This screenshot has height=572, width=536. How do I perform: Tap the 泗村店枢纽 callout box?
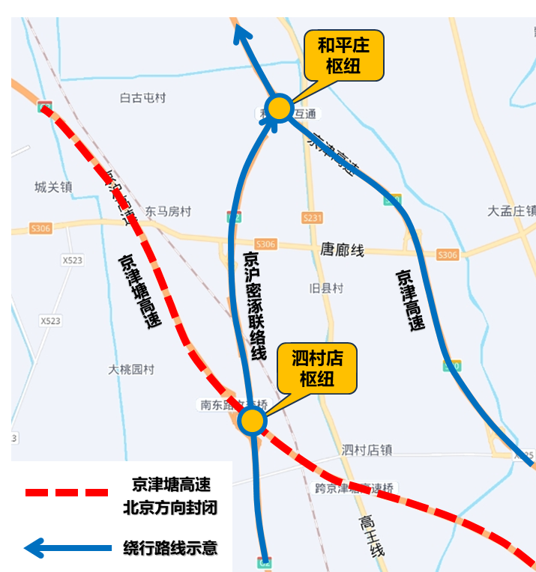316,368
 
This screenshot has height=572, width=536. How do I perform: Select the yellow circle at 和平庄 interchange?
279,108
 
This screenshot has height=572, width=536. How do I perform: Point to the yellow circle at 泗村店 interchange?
252,421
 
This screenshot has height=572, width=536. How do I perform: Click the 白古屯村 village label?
142,98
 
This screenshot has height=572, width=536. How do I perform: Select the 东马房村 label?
168,212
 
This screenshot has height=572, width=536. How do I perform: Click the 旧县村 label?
326,288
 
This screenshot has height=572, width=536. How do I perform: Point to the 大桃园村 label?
130,369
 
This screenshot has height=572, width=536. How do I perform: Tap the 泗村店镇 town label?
367,450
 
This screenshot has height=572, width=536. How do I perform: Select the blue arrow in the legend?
67,548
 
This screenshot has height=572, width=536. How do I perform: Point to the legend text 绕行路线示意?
170,548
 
